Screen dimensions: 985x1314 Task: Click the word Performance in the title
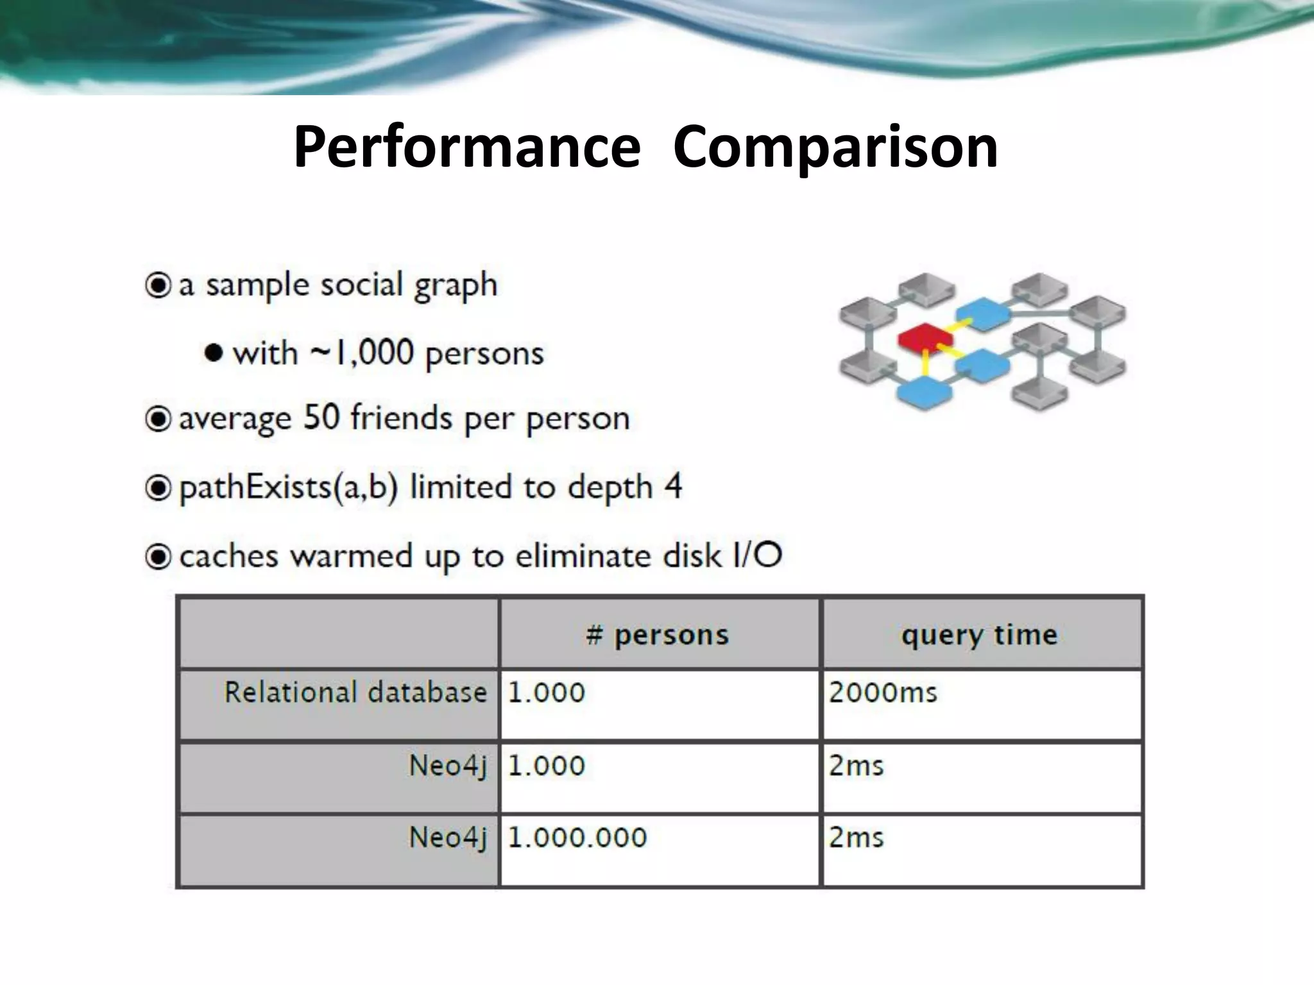pos(466,147)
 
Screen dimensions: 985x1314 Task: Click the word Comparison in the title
pos(835,147)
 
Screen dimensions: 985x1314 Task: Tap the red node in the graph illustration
pos(926,337)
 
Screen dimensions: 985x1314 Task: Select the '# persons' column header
pos(658,635)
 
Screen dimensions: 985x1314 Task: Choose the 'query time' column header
pos(980,635)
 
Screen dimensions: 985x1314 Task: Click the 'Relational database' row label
pos(355,693)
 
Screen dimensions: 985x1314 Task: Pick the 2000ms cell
pos(883,693)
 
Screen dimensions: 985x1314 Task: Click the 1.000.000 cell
pos(577,838)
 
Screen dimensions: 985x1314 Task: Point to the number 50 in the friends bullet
pos(321,417)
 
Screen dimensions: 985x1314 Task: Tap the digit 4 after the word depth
pos(673,486)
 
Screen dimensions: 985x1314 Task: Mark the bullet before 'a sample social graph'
pos(158,285)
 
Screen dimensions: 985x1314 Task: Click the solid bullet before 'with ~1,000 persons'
pos(214,353)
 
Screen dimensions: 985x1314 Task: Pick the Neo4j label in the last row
pos(448,838)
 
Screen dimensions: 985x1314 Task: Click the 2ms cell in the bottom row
pos(856,838)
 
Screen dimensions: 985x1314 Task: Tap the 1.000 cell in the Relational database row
pos(547,693)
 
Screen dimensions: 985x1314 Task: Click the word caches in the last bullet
pos(229,556)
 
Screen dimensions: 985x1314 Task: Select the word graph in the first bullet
pos(455,285)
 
